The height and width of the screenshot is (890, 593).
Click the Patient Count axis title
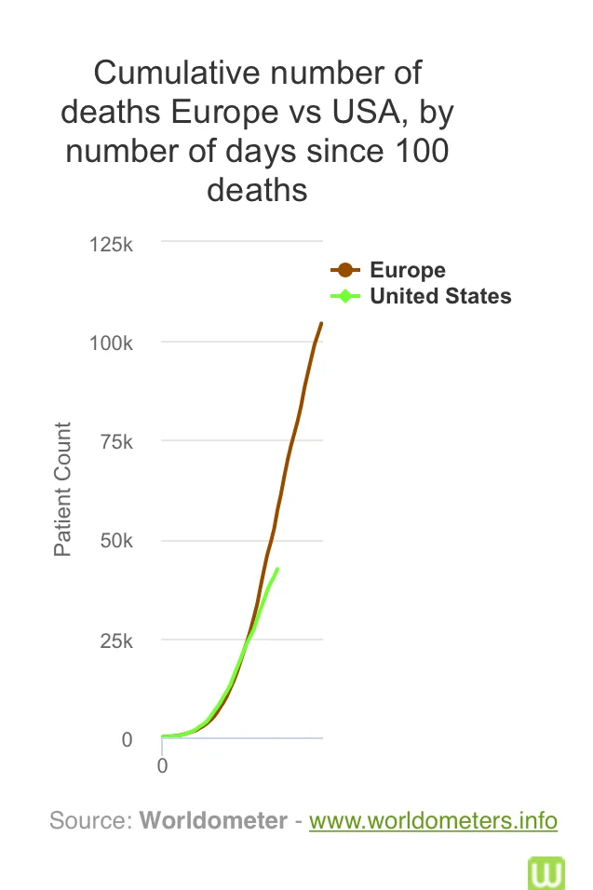point(62,489)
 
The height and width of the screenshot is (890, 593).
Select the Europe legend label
point(408,271)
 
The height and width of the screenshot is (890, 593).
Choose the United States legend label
point(440,297)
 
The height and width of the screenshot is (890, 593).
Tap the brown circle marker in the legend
point(345,271)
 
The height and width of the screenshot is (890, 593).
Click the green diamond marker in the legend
point(345,297)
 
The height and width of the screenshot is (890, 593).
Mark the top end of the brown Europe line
point(321,323)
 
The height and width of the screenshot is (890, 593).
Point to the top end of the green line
point(277,569)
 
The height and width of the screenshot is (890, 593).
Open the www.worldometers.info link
point(433,821)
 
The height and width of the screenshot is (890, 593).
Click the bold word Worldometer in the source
point(213,821)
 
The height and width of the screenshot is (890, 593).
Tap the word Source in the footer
point(89,821)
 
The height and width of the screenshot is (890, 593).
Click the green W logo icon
point(546,872)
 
